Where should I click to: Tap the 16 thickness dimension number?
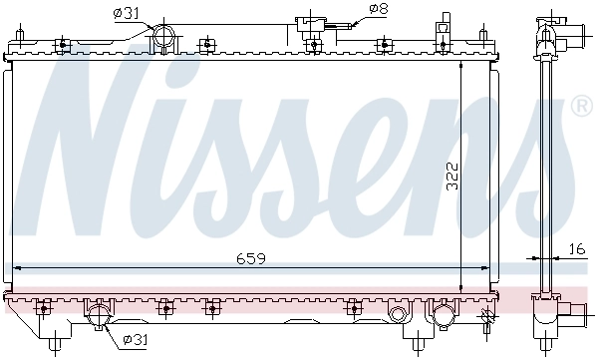577,248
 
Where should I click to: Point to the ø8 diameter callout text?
378,10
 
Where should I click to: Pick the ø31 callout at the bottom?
135,340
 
